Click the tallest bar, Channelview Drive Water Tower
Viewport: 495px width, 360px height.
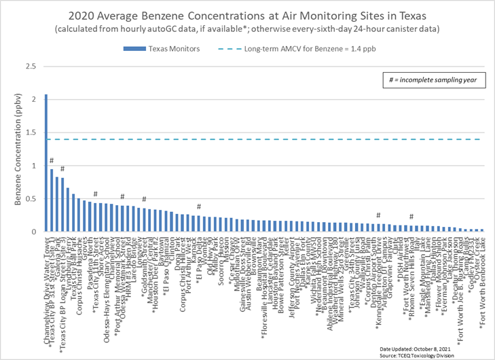[x=46, y=163]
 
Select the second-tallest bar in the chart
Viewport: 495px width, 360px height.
[x=52, y=200]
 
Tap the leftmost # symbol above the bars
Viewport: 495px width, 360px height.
[x=52, y=161]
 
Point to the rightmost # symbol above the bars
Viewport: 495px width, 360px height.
[x=411, y=217]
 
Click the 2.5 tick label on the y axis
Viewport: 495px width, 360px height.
[x=30, y=67]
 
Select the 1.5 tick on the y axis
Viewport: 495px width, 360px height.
[x=30, y=132]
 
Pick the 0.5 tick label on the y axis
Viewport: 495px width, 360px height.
[x=30, y=199]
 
